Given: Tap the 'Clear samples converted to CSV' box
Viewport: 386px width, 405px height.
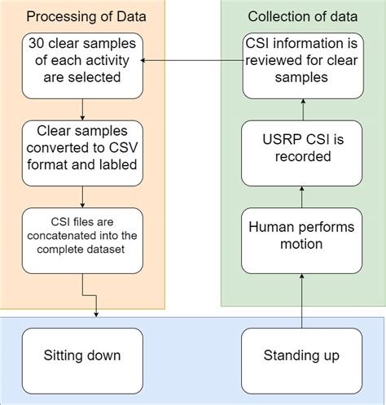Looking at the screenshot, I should (x=82, y=150).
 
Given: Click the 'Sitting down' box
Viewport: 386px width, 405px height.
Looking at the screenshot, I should (x=82, y=355).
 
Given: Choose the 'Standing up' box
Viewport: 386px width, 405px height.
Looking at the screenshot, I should (x=300, y=355).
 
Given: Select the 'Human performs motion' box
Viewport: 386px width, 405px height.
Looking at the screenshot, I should (x=300, y=237).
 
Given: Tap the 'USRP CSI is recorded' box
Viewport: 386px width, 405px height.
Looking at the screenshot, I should (x=300, y=152).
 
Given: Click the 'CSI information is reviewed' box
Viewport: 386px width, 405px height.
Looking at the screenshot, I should (x=300, y=62).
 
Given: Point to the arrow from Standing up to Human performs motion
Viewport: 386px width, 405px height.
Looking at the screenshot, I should (x=300, y=301).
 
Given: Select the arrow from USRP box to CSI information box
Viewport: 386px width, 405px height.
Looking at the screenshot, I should (x=300, y=107).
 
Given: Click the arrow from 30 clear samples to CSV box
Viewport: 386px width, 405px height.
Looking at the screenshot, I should (x=82, y=110).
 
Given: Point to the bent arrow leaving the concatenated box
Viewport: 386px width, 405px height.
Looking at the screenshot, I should (x=90, y=301).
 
